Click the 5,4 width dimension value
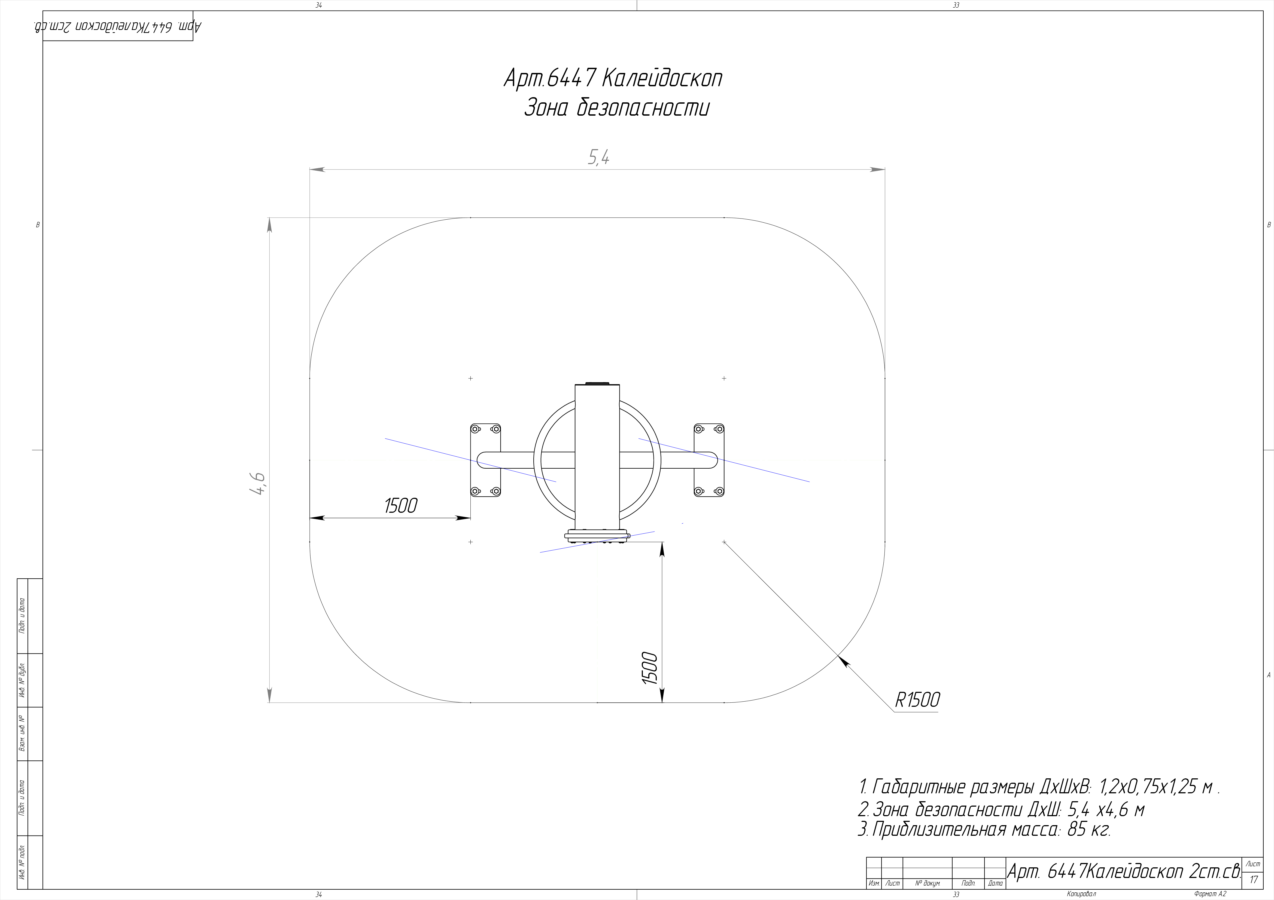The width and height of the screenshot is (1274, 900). coord(599,158)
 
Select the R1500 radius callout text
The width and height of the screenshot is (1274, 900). coord(917,700)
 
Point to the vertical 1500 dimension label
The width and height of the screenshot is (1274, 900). coord(650,668)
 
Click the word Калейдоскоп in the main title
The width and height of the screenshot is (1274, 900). coord(661,78)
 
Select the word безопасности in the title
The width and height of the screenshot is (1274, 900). coord(643,107)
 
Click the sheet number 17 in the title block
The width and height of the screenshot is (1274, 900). coord(1254,880)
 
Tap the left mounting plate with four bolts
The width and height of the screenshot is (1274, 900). coord(485,460)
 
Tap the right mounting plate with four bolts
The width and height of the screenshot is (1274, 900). coord(709,460)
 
